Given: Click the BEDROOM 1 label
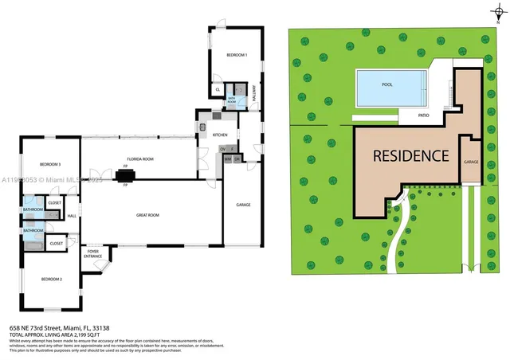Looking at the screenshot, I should (x=237, y=55).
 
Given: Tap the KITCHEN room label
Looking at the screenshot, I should (x=220, y=135).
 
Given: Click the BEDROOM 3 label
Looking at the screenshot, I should (x=49, y=164).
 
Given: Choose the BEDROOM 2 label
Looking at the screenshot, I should (x=51, y=279).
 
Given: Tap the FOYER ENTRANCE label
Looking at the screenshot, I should (x=94, y=254).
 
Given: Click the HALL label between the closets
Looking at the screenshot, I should (x=71, y=216).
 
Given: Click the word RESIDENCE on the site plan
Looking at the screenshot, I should (x=412, y=156).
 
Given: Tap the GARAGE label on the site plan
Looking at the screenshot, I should (x=472, y=162).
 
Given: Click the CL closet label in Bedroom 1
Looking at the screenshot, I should (x=218, y=90).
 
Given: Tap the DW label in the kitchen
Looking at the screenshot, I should (x=222, y=149).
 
